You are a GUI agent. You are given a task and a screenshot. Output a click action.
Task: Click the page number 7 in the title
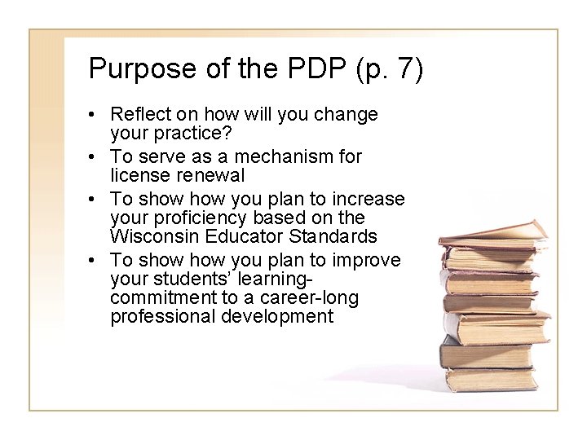pos(405,69)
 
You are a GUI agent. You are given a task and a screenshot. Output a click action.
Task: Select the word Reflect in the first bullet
pos(139,115)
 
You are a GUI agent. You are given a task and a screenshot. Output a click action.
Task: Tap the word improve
pos(366,260)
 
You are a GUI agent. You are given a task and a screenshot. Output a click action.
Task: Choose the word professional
pos(161,316)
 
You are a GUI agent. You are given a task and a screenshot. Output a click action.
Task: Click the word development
pos(277,316)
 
